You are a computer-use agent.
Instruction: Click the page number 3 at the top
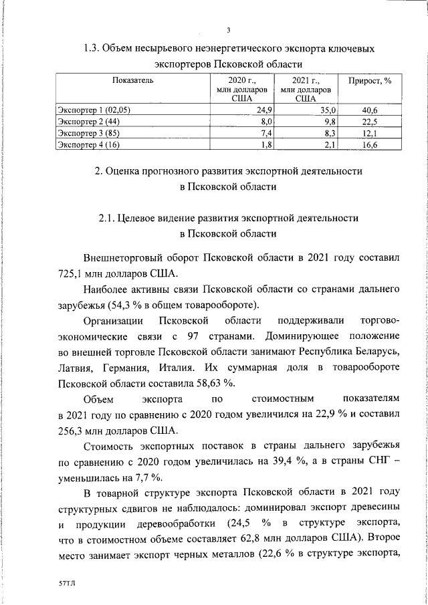(x=229, y=30)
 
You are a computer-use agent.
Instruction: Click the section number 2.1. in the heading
(x=107, y=218)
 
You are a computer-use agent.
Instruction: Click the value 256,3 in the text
(x=70, y=431)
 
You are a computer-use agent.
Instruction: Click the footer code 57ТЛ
(x=68, y=584)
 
